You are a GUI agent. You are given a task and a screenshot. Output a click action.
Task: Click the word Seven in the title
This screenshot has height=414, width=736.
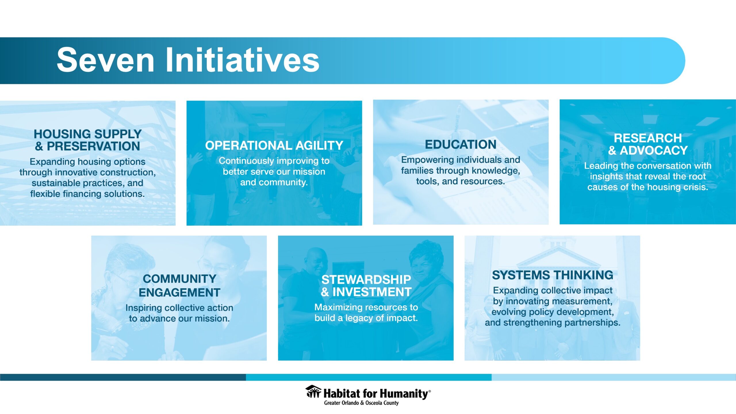[106, 60]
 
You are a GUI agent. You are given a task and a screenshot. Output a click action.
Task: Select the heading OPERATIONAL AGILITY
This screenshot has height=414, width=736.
[274, 145]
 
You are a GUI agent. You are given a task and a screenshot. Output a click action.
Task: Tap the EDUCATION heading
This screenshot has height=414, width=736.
[461, 144]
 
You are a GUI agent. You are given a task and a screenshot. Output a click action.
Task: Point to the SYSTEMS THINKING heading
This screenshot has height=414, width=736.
[552, 275]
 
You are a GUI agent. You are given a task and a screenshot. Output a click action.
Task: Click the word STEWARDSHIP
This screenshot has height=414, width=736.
[366, 279]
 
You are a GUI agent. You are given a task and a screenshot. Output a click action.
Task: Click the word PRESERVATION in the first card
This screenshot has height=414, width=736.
[93, 146]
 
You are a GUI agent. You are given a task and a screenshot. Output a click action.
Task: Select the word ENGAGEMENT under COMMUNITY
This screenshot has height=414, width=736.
[179, 292]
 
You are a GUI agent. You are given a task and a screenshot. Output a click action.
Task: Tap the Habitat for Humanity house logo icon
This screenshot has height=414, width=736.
[313, 392]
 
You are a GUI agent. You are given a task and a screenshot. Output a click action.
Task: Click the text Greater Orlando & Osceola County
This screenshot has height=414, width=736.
[361, 403]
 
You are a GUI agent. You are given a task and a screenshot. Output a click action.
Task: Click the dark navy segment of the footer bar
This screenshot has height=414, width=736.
[123, 377]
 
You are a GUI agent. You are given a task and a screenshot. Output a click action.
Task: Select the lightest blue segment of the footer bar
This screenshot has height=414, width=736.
[614, 377]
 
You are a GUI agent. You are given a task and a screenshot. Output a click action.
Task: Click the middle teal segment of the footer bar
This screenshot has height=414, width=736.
[369, 377]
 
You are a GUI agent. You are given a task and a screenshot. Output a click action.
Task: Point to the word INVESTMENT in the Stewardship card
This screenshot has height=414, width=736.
[372, 292]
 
